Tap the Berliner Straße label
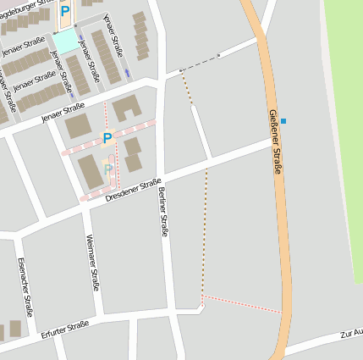click(x=162, y=212)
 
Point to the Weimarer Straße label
click(x=93, y=263)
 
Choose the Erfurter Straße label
click(x=64, y=330)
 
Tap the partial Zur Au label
click(x=351, y=333)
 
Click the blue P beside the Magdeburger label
click(x=64, y=12)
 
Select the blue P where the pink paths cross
click(x=107, y=138)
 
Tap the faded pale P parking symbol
click(x=107, y=169)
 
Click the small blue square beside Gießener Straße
click(x=283, y=121)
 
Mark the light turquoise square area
click(x=64, y=41)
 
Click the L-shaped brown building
click(x=127, y=107)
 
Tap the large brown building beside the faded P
click(x=89, y=172)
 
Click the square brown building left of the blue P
click(x=79, y=125)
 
